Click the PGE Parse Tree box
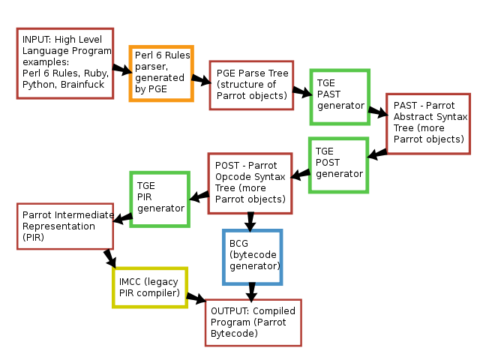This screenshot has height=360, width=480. [x=251, y=85]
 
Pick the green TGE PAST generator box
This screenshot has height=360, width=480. [x=340, y=97]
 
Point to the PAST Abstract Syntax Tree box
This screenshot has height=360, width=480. [x=428, y=124]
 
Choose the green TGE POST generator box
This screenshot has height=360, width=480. [x=339, y=164]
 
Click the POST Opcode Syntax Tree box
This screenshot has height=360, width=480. [x=250, y=182]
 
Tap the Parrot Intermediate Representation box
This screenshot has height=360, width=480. [x=64, y=226]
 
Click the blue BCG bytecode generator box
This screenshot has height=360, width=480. [x=253, y=257]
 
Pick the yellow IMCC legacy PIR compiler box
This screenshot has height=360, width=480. [x=149, y=286]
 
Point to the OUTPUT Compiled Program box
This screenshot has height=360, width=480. [x=253, y=322]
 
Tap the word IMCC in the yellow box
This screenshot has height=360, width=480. [x=131, y=281]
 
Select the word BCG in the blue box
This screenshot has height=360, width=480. [x=239, y=244]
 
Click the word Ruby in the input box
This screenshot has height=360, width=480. [x=95, y=74]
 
